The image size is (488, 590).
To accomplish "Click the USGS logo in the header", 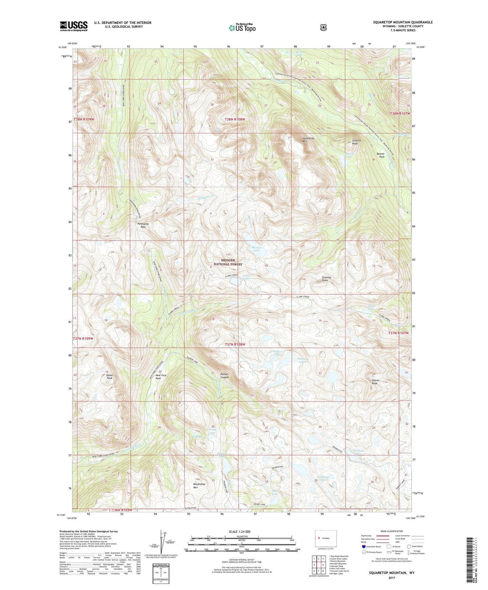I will (x=74, y=26).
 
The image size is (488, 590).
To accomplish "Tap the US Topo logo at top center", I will (x=242, y=28).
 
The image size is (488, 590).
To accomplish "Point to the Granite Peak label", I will (x=356, y=142).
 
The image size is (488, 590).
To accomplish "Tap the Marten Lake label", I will (x=256, y=249).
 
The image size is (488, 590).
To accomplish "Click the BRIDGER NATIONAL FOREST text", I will (x=228, y=262).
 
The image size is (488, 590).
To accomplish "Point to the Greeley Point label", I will (x=326, y=279).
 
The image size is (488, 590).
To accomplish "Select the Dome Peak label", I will (x=109, y=377).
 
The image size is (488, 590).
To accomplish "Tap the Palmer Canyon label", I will (x=224, y=376).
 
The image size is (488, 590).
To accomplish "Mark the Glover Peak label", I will (x=376, y=382).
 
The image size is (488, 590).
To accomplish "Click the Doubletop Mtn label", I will (x=199, y=486).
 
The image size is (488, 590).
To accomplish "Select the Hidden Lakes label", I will (x=277, y=353).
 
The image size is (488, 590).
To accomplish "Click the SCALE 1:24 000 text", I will (x=239, y=532).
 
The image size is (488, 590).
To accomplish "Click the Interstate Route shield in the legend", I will (x=364, y=546).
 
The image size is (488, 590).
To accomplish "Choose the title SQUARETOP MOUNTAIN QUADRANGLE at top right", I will (x=403, y=22).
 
